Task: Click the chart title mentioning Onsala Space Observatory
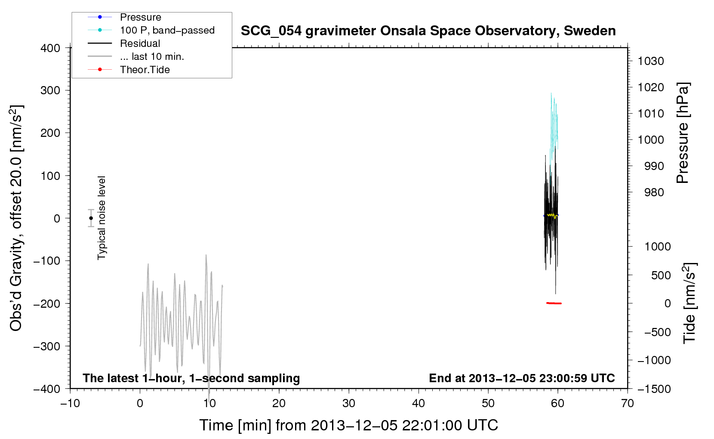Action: pos(428,31)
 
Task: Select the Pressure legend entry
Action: pos(140,17)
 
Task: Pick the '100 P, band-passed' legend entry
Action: pos(167,30)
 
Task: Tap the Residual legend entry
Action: pos(140,43)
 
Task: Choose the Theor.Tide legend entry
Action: pos(145,70)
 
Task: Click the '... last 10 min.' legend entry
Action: pos(152,56)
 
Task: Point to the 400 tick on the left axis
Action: pos(50,48)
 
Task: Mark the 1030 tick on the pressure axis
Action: pos(651,61)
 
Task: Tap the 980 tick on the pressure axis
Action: pos(654,192)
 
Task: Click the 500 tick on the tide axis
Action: pos(661,275)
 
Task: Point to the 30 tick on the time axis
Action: pos(349,403)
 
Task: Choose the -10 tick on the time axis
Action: pos(70,403)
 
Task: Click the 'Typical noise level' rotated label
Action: pos(102,218)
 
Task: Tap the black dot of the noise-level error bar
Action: pos(91,218)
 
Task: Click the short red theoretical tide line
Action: pos(554,303)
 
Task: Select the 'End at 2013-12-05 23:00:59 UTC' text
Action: pos(522,378)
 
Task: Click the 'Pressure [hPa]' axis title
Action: pos(683,133)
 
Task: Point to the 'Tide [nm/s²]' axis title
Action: pos(689,303)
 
